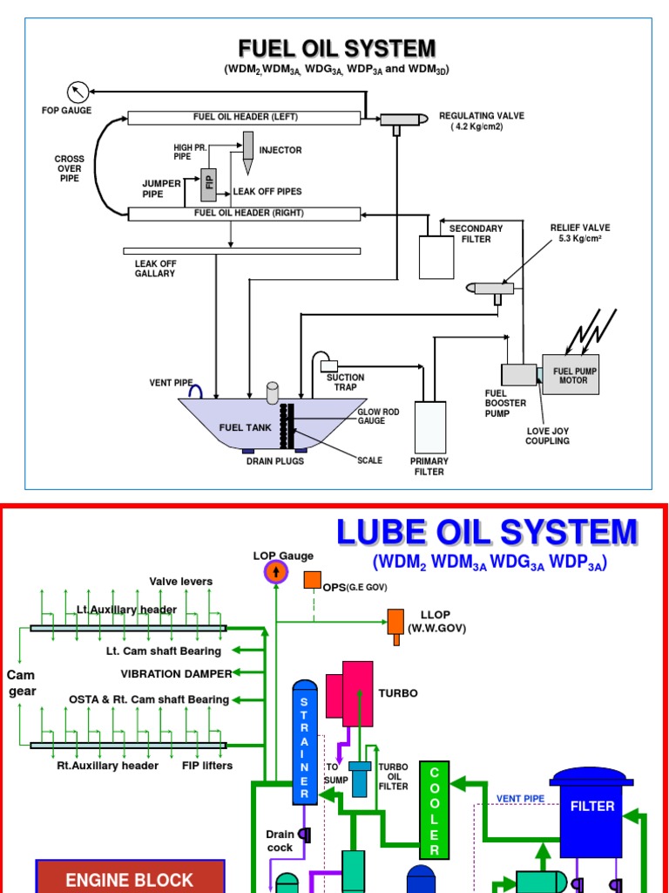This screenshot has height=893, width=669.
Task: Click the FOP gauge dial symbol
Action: [78, 91]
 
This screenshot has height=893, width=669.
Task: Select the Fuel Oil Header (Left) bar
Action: [244, 118]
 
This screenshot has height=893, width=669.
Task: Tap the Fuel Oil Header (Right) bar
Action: [244, 214]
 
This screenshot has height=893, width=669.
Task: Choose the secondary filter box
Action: [436, 256]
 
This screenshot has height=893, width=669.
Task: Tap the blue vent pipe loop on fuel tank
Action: [198, 392]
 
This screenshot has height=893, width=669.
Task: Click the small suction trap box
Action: [329, 365]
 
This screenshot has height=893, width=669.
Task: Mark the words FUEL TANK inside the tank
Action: [243, 427]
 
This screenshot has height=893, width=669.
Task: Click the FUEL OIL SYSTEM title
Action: [337, 48]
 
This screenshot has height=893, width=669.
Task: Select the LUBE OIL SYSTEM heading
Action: [487, 532]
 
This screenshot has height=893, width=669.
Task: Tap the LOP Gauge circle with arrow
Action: [275, 573]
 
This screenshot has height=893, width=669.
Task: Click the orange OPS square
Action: [312, 581]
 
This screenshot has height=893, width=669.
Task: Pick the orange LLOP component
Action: [396, 624]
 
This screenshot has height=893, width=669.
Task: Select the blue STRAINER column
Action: [304, 741]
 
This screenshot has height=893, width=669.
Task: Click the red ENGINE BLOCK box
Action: [130, 877]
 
